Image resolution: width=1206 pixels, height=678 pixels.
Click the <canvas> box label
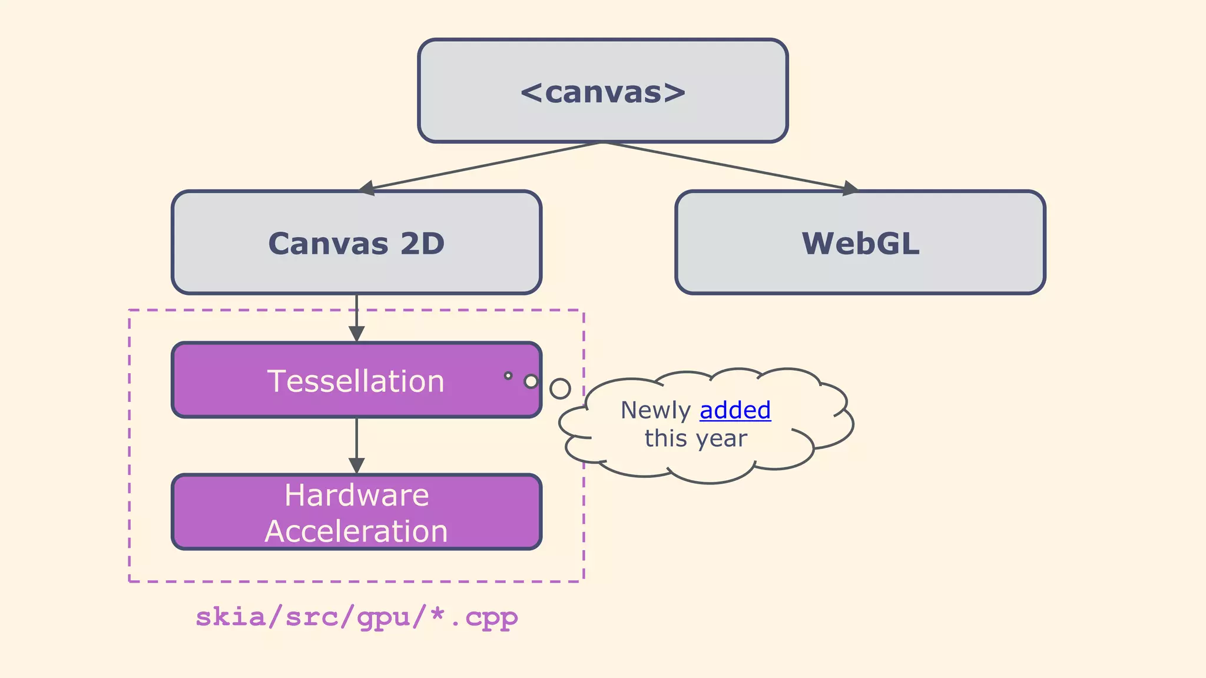point(603,92)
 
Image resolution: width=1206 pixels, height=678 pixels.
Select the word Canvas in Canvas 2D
point(328,244)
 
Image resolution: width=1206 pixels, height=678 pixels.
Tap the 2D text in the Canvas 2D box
point(422,244)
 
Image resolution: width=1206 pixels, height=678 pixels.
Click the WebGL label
point(860,244)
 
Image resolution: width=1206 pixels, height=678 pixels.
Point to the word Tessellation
point(356,381)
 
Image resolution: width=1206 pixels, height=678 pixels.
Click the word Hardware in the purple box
point(357,495)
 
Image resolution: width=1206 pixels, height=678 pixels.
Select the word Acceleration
point(356,531)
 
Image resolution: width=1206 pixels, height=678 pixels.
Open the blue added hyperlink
point(735,410)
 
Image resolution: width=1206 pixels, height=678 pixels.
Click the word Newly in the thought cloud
point(655,410)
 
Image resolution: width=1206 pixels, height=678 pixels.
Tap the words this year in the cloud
point(695,438)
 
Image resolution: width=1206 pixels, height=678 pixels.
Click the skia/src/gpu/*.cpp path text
point(356,617)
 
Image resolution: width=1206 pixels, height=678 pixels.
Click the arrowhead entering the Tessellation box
point(356,334)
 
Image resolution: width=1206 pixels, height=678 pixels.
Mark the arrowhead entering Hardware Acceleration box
point(356,466)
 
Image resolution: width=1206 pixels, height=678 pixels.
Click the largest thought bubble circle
point(560,388)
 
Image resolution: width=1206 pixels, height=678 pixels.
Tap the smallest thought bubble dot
point(508,375)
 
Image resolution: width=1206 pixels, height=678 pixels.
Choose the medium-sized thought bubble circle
point(531,381)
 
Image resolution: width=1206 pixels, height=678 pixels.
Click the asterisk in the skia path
point(437,613)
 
